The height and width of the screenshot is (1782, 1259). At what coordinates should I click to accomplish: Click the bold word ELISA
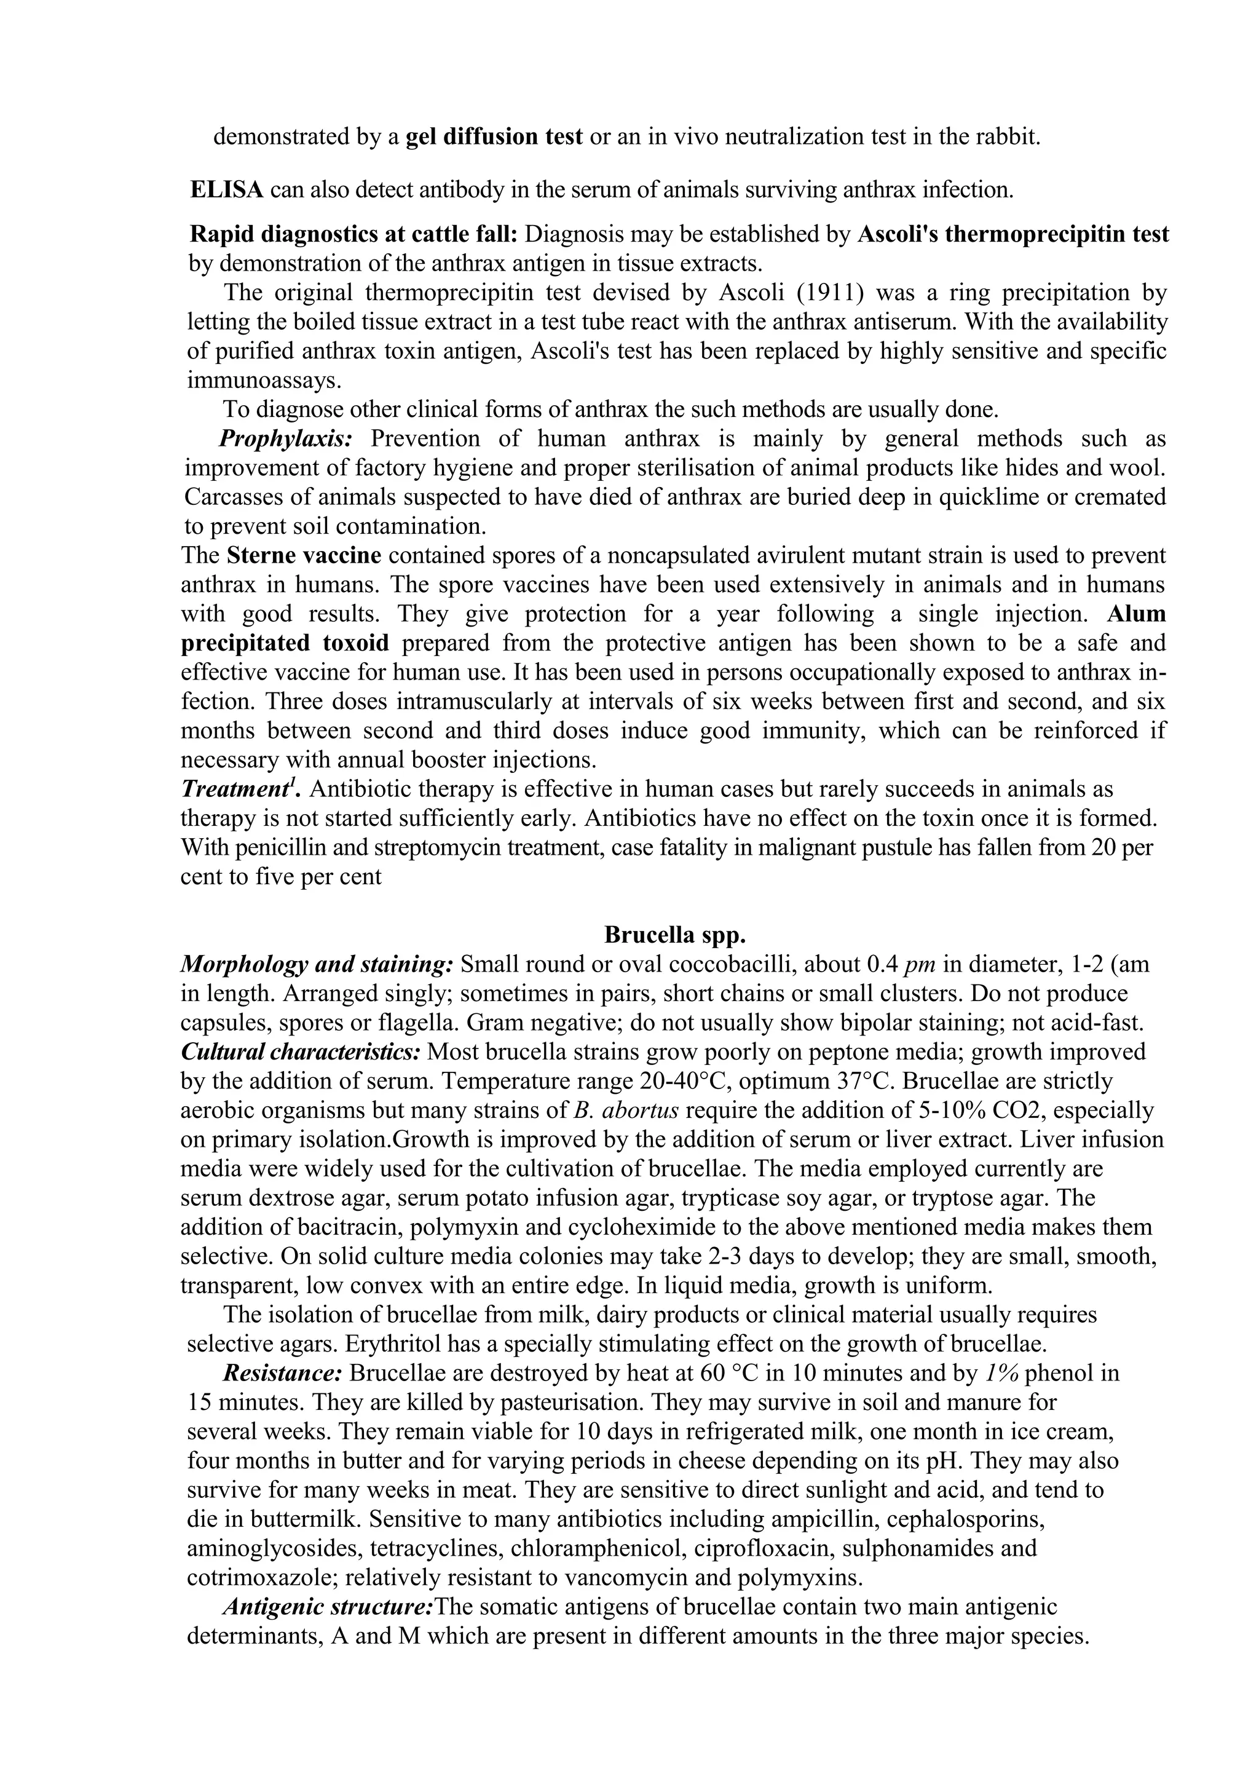tap(226, 189)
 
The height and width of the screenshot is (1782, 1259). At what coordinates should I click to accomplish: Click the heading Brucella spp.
tap(674, 935)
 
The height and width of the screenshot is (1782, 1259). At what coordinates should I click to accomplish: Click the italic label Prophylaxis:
tap(285, 438)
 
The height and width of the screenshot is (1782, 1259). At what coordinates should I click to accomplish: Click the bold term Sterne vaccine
tap(304, 556)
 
